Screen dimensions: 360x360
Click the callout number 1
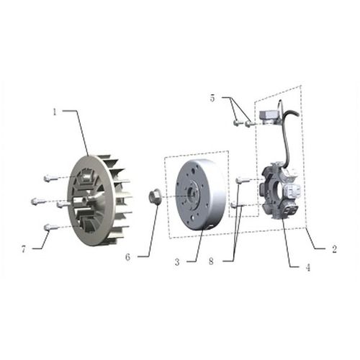(x=54, y=112)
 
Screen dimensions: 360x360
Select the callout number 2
(x=335, y=250)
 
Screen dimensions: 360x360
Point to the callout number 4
(x=307, y=268)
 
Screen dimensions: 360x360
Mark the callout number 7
(x=26, y=250)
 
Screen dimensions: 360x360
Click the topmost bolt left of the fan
(x=49, y=177)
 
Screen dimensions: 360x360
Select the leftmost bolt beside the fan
(x=37, y=200)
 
